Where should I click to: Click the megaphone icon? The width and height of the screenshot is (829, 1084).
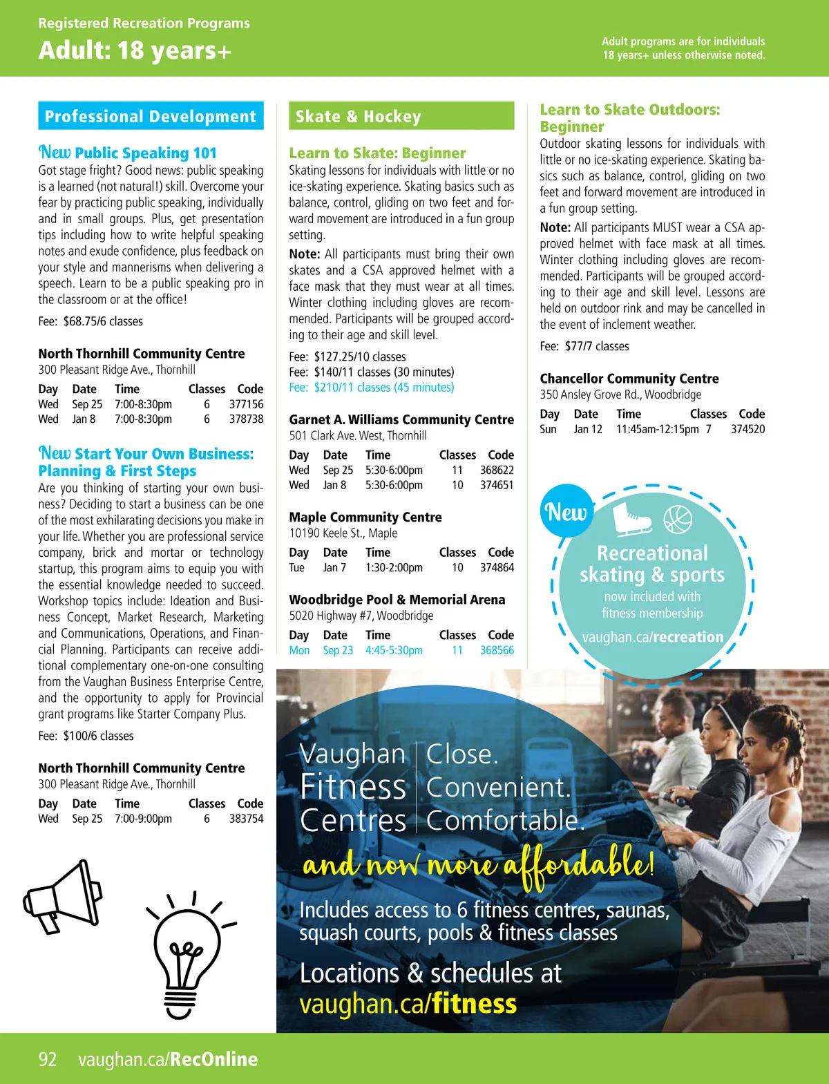click(64, 897)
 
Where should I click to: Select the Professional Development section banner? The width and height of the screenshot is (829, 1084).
click(151, 116)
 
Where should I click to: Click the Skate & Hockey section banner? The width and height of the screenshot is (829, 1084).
click(401, 116)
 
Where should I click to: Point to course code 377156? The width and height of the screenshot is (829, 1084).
click(246, 404)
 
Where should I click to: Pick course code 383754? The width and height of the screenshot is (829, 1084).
click(246, 819)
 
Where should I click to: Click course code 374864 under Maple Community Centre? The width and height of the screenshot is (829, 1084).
click(497, 568)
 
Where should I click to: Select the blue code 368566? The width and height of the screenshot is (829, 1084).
click(497, 650)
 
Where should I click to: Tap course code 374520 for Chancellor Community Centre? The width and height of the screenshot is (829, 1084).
click(747, 429)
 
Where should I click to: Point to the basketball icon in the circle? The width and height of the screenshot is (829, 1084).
click(677, 520)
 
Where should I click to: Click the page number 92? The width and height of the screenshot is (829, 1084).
click(48, 1059)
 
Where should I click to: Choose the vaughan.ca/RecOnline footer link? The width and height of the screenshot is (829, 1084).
click(168, 1059)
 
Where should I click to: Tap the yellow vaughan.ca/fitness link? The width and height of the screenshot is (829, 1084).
click(408, 1004)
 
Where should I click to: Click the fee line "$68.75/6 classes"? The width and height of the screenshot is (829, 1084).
click(91, 321)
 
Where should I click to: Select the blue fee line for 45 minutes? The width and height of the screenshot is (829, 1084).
click(372, 388)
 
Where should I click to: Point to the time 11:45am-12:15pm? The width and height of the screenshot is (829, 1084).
click(657, 429)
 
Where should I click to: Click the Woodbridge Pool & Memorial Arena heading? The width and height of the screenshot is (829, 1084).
click(397, 600)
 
